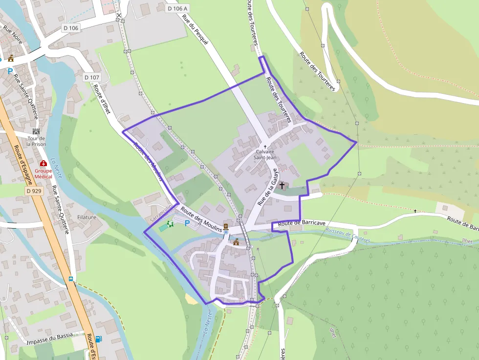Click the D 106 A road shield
click(177, 8)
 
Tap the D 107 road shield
click(91, 77)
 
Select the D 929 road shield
click(34, 191)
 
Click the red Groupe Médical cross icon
click(43, 163)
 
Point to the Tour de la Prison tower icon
click(36, 131)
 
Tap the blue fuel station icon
click(99, 339)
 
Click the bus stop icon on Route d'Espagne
click(71, 279)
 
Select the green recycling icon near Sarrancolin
click(171, 224)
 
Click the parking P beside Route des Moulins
click(187, 223)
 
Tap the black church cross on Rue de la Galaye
click(282, 186)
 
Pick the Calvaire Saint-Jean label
click(265, 154)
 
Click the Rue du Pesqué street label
click(195, 30)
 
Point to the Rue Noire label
click(13, 35)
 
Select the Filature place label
click(87, 217)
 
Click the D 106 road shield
click(70, 28)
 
